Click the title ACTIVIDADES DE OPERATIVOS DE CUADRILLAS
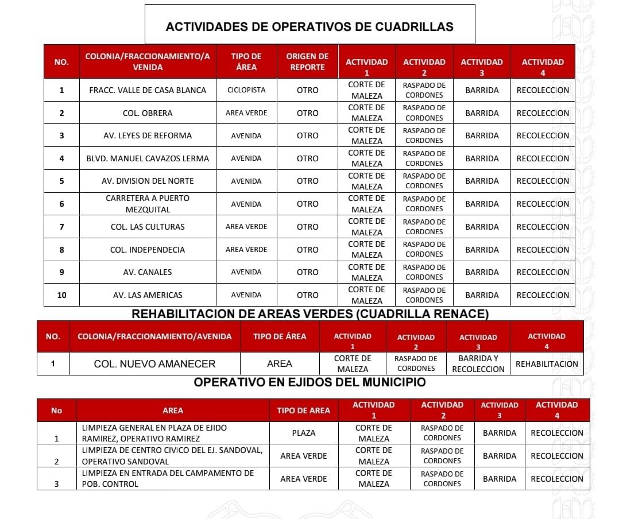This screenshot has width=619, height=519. pos(309,26)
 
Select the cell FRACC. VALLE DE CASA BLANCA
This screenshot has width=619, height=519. pos(148,90)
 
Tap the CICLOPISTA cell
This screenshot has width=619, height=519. pos(246,90)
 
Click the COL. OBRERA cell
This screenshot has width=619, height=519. pos(148,113)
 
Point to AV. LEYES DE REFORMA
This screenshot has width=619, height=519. pos(148,135)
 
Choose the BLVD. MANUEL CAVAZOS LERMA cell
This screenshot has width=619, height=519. pos(148,158)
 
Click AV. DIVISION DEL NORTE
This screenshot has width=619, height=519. pos(148,181)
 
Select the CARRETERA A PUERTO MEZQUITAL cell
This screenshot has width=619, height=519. pos(148,204)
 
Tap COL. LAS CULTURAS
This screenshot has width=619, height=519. pos(148,227)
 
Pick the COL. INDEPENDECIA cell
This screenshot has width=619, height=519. pos(148,250)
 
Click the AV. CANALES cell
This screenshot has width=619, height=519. pos(148,272)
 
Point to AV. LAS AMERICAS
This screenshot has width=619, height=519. pos(148,295)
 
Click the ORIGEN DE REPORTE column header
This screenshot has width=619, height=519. pos(307,61)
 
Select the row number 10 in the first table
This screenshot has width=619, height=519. pos(61,295)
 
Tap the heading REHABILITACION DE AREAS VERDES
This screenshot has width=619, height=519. pos(310,314)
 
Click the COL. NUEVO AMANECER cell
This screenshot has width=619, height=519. pos(154,364)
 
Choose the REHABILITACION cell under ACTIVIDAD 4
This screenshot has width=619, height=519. pos(547,364)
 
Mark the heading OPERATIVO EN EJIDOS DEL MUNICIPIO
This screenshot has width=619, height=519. pos(309,382)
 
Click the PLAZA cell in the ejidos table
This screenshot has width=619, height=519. pos(303,433)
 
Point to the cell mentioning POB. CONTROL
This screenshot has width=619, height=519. pos(172,478)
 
